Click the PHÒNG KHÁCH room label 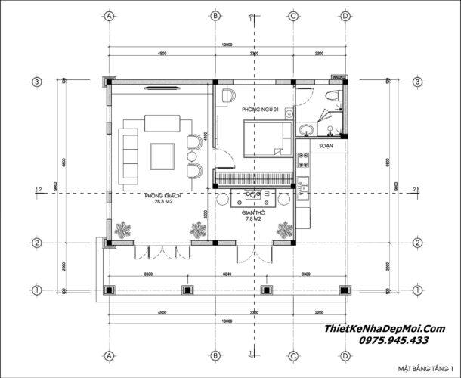tap(161, 195)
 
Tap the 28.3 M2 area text tap(161, 203)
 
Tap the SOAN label tap(326, 144)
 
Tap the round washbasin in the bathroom tap(304, 129)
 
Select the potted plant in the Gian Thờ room tap(285, 229)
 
